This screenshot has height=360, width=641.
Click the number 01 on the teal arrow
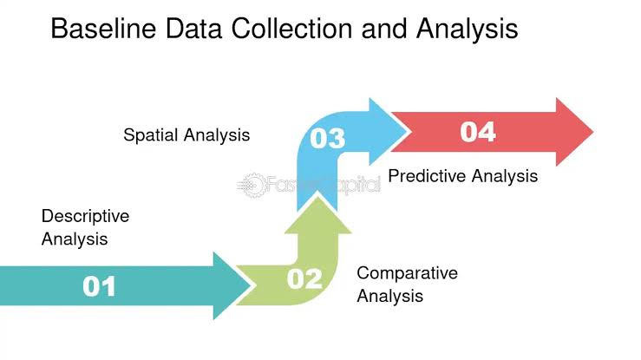tap(99, 285)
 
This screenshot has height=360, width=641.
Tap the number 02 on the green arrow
tap(304, 278)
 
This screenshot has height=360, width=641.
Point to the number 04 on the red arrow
tap(478, 132)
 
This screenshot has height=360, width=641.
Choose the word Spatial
tap(152, 135)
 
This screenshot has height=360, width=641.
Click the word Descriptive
tap(85, 216)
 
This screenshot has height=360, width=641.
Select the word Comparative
tap(407, 273)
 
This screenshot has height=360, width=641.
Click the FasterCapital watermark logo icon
tap(252, 185)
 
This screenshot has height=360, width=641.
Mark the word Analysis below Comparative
tap(390, 296)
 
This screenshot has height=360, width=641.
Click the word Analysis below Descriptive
tap(75, 239)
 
